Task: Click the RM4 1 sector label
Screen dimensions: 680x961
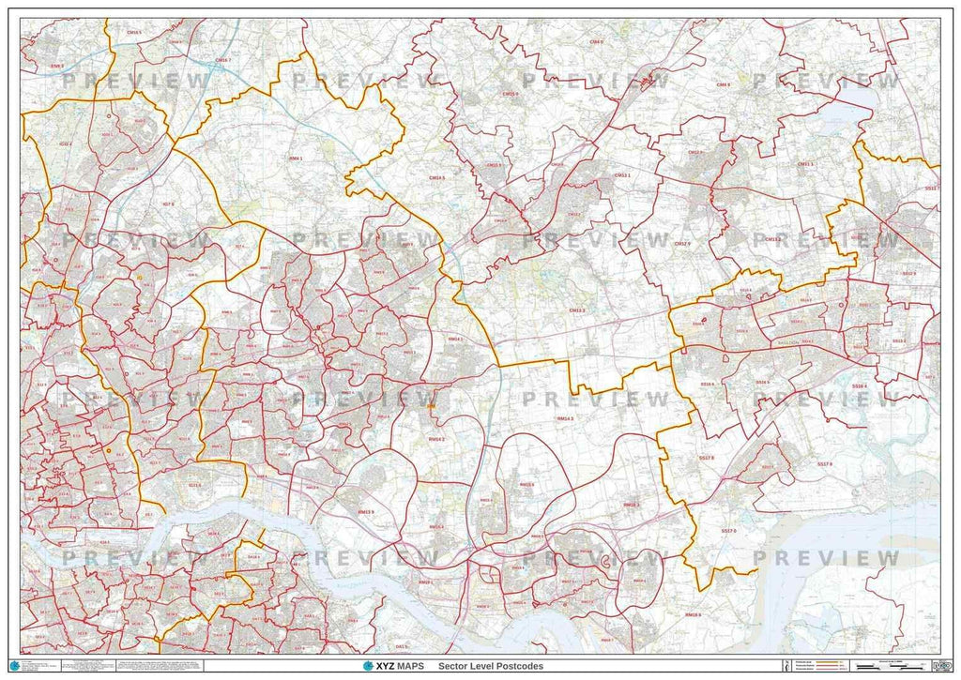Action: point(297,159)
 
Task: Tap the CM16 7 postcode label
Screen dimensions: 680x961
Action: point(222,60)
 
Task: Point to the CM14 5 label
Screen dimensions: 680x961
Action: point(436,176)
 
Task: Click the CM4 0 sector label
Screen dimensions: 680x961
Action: point(596,42)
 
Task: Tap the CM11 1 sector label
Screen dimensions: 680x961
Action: point(805,164)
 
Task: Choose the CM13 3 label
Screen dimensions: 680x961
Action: point(576,310)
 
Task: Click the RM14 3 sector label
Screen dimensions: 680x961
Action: point(565,419)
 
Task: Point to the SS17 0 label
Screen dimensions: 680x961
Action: point(729,532)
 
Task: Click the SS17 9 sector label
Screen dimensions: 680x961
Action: point(825,464)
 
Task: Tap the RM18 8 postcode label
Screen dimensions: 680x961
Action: point(694,614)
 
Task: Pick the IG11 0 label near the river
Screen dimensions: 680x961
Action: point(195,485)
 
